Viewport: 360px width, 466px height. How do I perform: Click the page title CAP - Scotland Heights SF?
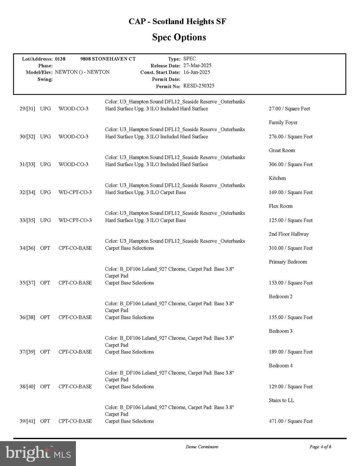177,21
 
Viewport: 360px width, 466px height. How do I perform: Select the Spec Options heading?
179,37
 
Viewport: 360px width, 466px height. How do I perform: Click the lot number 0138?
60,59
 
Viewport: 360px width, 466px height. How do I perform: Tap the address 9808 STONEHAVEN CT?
108,59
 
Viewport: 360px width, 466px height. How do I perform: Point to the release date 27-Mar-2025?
197,66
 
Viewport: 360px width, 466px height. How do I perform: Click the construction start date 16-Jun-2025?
197,72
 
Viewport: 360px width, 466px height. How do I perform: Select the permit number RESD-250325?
199,86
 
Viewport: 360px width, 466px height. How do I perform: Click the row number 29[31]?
27,109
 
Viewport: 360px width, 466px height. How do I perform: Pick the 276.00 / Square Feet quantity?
290,137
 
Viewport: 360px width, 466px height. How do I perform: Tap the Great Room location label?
282,150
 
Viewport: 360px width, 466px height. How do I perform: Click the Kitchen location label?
277,178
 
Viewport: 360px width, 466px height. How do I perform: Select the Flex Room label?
281,206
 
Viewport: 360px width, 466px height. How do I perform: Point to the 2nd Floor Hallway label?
289,234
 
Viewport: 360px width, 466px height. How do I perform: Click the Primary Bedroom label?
288,262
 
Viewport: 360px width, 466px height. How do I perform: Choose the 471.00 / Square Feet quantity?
290,421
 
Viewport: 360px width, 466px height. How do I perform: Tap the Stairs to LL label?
281,400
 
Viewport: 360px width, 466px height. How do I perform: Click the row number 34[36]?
27,248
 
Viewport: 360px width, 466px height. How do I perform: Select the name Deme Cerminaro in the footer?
202,447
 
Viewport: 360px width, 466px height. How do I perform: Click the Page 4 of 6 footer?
320,447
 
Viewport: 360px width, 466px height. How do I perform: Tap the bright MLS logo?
38,453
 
